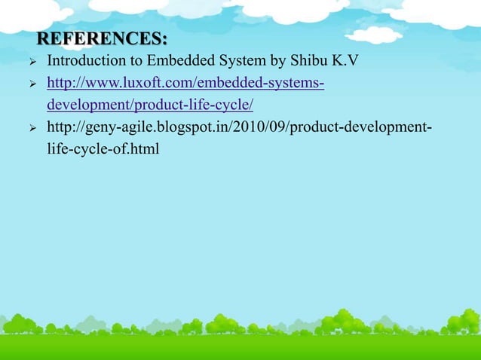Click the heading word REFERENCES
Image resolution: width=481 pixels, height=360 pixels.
[100, 38]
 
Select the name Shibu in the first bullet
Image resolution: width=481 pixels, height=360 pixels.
[300, 60]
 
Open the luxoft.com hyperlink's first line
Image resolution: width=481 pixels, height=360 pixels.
[185, 82]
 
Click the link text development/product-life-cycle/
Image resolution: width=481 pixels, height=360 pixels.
[149, 103]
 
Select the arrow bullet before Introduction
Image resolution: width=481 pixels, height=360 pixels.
[32, 61]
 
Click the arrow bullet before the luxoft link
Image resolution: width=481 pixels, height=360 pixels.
[32, 83]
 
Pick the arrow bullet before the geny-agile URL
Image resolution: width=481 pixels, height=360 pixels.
[32, 126]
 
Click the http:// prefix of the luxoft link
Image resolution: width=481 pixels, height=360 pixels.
[64, 82]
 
